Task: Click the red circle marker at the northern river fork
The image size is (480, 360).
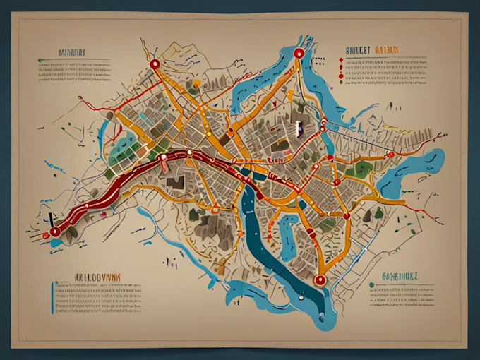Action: pyautogui.click(x=299, y=53)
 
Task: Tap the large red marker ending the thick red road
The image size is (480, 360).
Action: pyautogui.click(x=54, y=232)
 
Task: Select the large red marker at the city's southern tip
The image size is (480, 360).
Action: pyautogui.click(x=320, y=280)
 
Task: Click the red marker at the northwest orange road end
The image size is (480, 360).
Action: pyautogui.click(x=154, y=64)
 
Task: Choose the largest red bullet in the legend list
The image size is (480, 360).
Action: pyautogui.click(x=341, y=76)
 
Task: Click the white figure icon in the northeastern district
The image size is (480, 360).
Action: pyautogui.click(x=298, y=128)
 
